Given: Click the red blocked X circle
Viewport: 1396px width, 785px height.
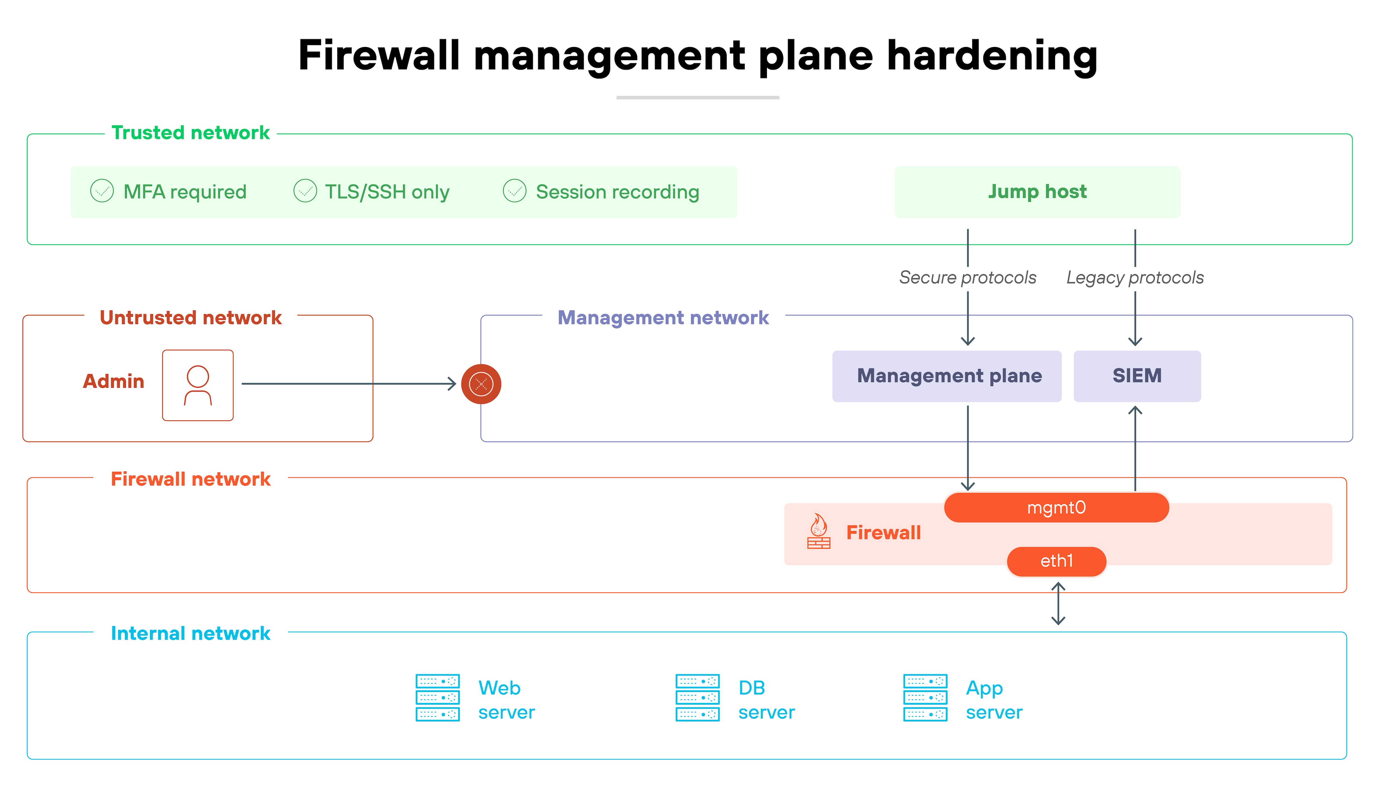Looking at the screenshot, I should [481, 384].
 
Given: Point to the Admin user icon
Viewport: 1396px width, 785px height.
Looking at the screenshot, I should [198, 385].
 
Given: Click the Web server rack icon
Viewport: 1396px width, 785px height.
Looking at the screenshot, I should [437, 698].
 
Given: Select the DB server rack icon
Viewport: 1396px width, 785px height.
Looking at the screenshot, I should [697, 698].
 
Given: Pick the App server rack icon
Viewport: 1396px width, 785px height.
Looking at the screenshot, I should [925, 698].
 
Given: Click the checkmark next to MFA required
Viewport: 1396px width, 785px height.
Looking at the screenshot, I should [102, 191].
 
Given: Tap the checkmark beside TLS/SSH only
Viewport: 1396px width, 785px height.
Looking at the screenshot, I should [305, 191].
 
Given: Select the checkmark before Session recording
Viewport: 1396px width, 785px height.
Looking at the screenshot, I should [514, 191].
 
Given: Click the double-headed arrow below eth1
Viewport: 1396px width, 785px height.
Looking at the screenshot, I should [1058, 604].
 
